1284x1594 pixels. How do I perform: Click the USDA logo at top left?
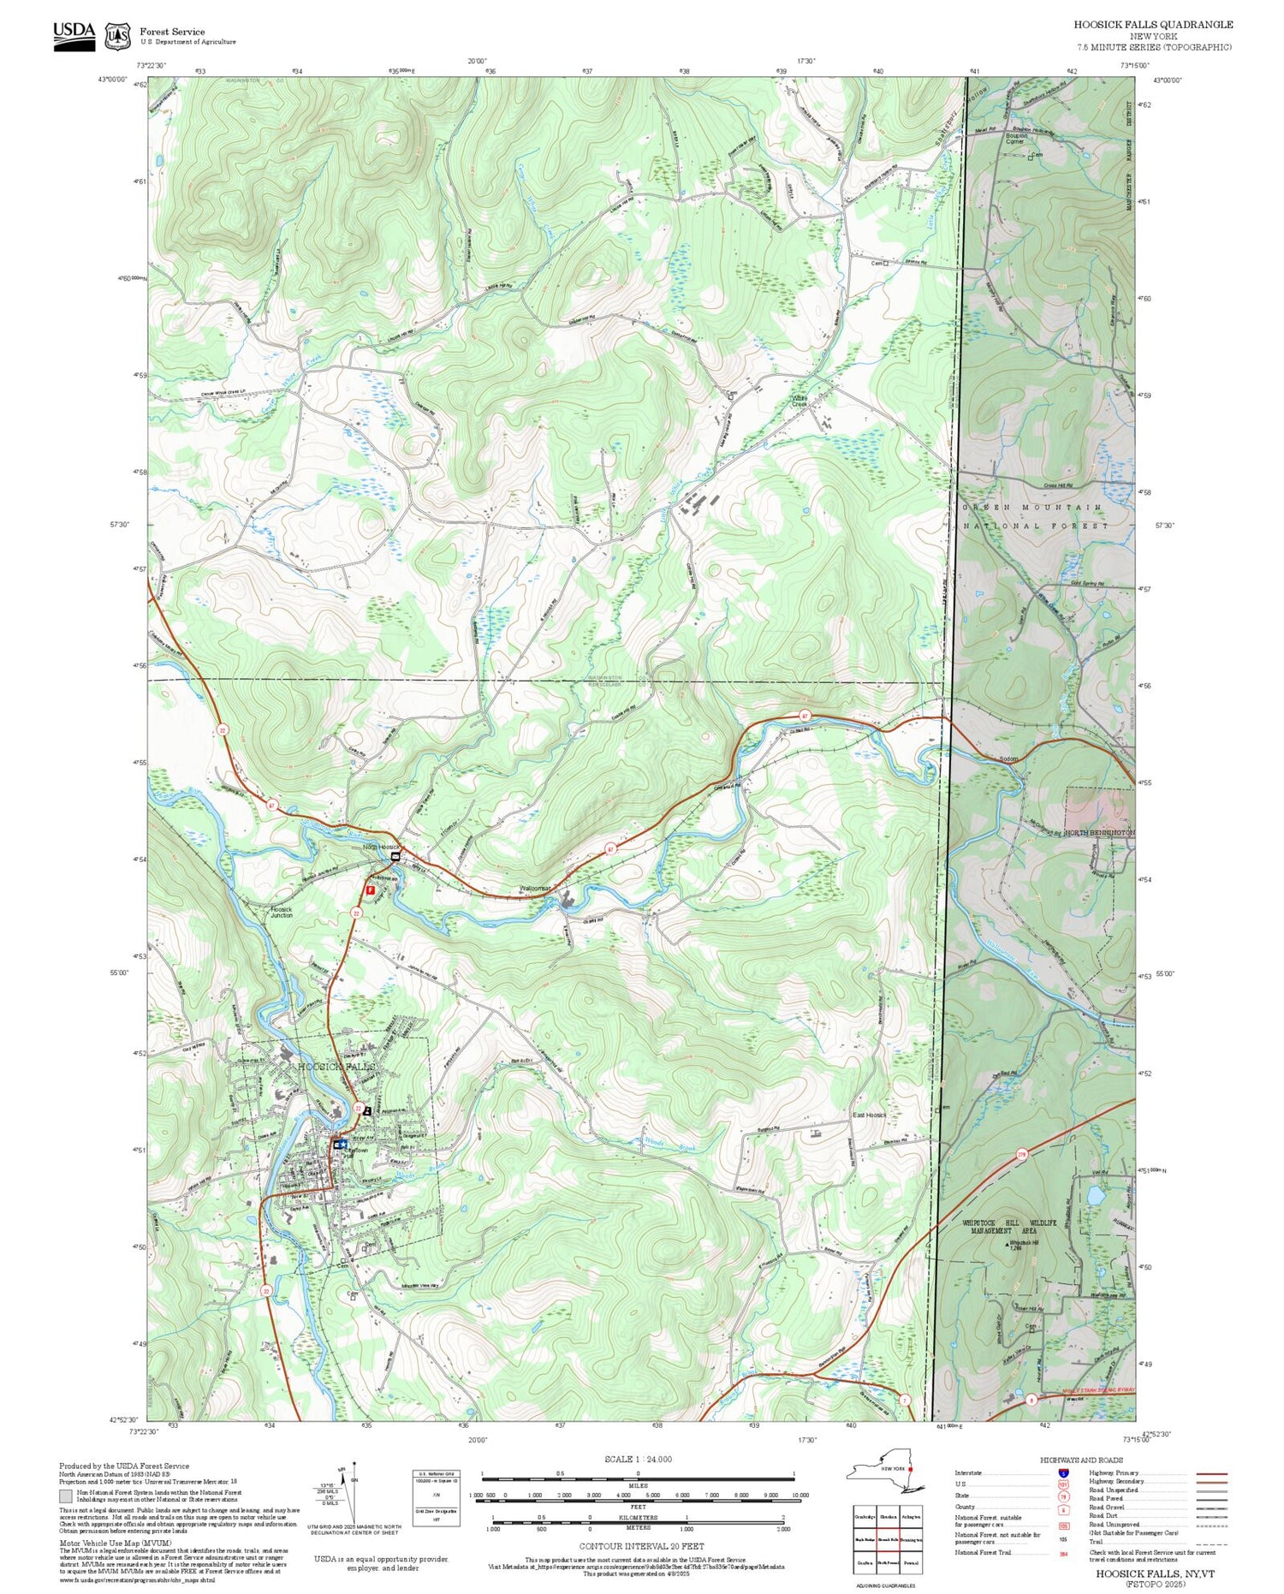tap(74, 36)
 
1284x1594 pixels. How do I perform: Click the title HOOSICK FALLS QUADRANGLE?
tap(1153, 25)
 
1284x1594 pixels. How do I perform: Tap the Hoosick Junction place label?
tap(281, 912)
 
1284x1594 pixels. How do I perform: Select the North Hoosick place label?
tap(381, 847)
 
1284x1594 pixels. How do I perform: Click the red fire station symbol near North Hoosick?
tap(370, 889)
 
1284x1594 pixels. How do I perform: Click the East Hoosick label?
tap(869, 1115)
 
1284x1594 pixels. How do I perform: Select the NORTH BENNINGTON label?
tap(1099, 832)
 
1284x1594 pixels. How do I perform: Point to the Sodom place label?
tap(1009, 758)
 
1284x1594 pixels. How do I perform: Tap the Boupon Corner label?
tap(1016, 138)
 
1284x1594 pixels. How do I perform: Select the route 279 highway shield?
tap(1021, 1154)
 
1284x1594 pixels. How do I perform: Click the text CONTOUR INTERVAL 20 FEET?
tap(641, 1546)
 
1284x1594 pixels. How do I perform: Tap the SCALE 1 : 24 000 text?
tap(638, 1459)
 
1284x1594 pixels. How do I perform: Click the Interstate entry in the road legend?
tap(969, 1472)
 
